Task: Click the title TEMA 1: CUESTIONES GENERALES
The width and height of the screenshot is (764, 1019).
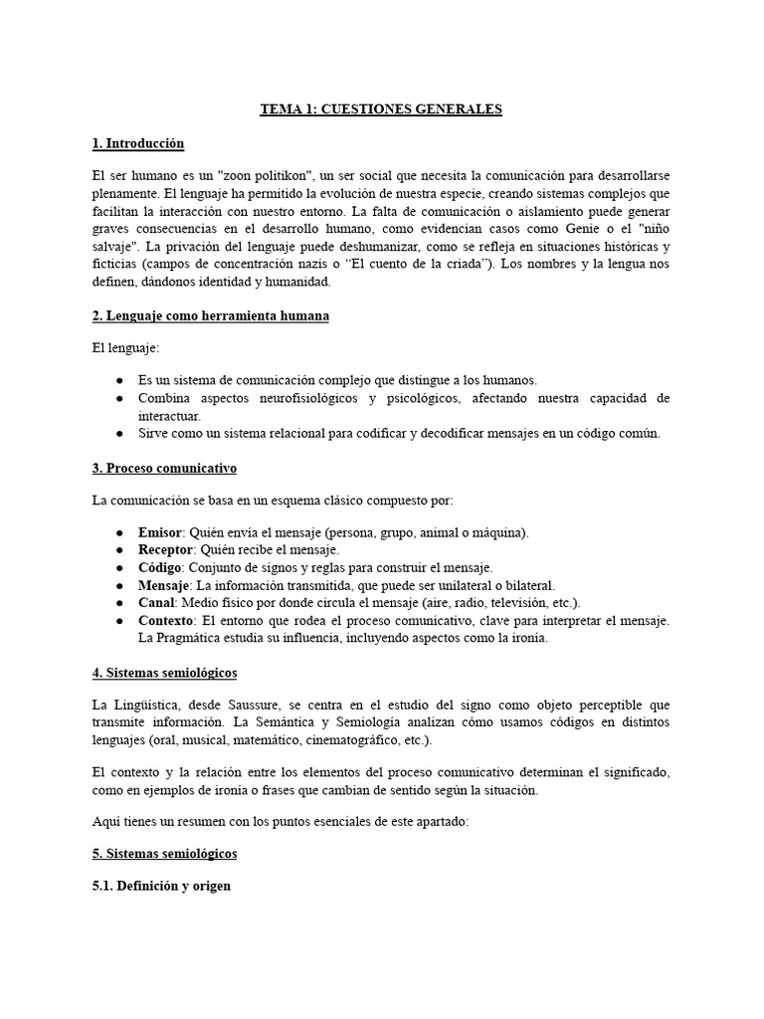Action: [381, 109]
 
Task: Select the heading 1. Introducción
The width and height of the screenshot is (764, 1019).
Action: [137, 144]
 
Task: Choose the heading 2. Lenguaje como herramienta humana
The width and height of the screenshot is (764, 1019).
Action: [210, 316]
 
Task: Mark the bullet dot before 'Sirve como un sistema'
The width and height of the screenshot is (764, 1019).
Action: [119, 434]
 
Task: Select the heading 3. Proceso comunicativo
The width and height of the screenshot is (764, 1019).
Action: [164, 469]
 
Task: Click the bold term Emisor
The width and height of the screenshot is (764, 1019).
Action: [160, 532]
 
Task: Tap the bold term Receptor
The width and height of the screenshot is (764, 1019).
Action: [166, 550]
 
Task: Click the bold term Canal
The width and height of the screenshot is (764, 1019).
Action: [157, 603]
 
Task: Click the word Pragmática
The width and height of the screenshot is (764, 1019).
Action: [193, 639]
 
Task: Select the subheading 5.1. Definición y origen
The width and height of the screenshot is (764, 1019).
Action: [161, 885]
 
